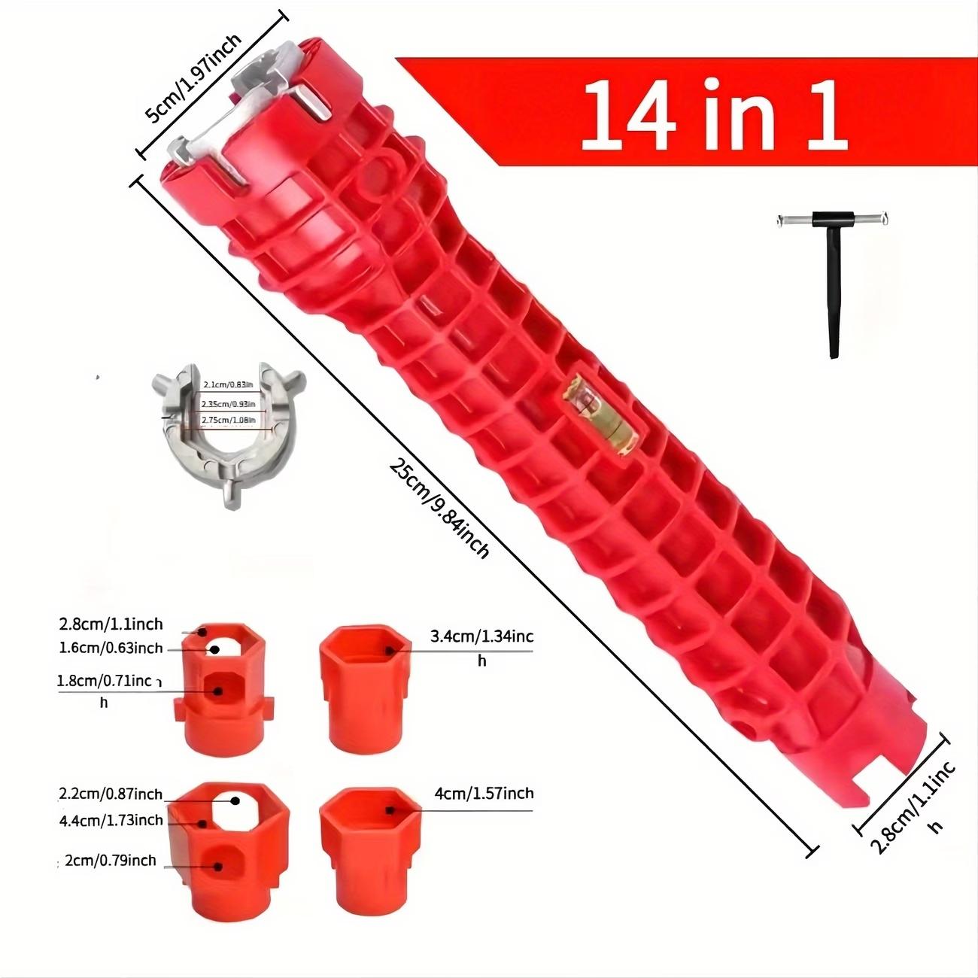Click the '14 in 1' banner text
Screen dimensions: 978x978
click(713, 113)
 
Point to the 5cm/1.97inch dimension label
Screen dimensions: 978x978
click(193, 78)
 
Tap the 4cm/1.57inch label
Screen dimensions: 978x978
click(484, 793)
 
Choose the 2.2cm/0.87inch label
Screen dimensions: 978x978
click(111, 794)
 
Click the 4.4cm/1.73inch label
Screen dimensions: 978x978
click(111, 820)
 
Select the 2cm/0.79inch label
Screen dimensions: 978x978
click(111, 860)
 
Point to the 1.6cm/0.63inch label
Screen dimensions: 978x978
click(111, 648)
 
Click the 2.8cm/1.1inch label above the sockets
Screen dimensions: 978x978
click(111, 624)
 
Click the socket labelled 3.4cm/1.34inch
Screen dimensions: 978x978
click(366, 688)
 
